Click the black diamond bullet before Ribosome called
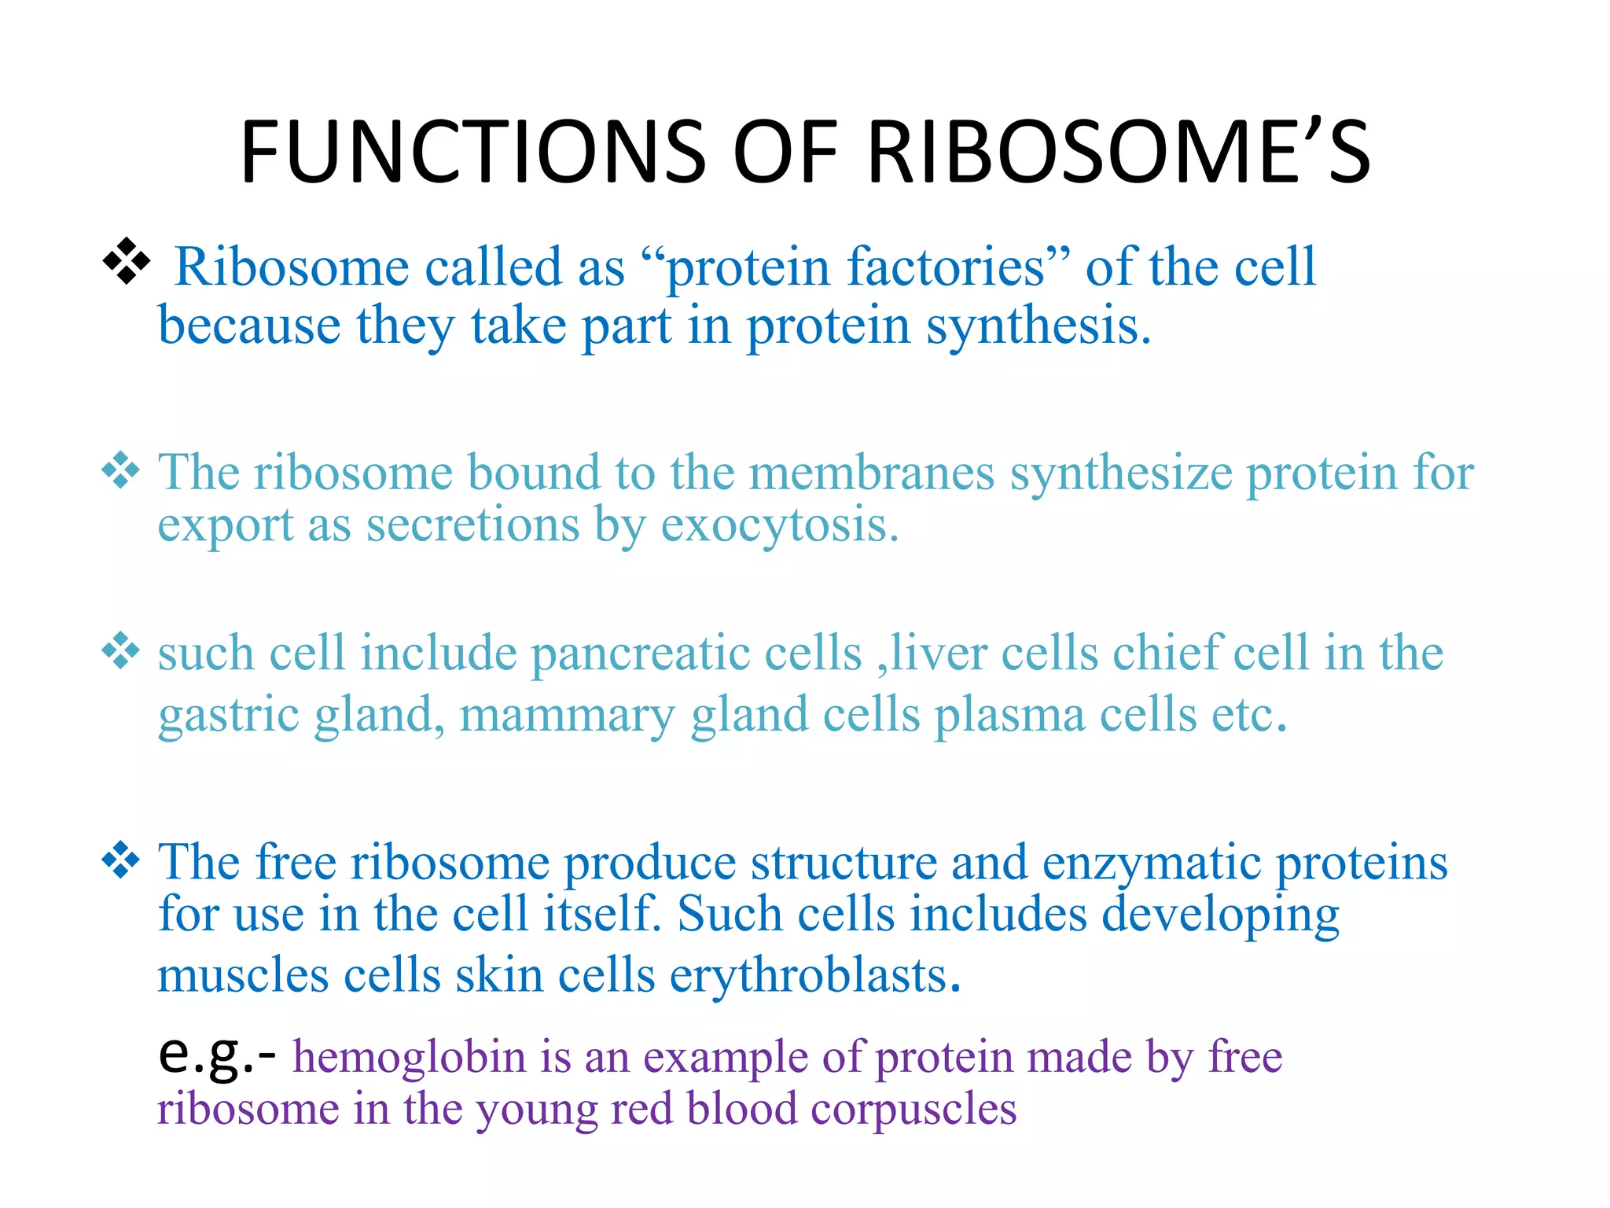[x=127, y=261]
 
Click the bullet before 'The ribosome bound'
[x=121, y=470]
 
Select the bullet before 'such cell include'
[x=121, y=650]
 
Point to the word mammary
[x=567, y=716]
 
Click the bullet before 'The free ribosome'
[x=121, y=859]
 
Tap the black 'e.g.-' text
[x=217, y=1055]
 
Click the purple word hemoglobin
[x=409, y=1057]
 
